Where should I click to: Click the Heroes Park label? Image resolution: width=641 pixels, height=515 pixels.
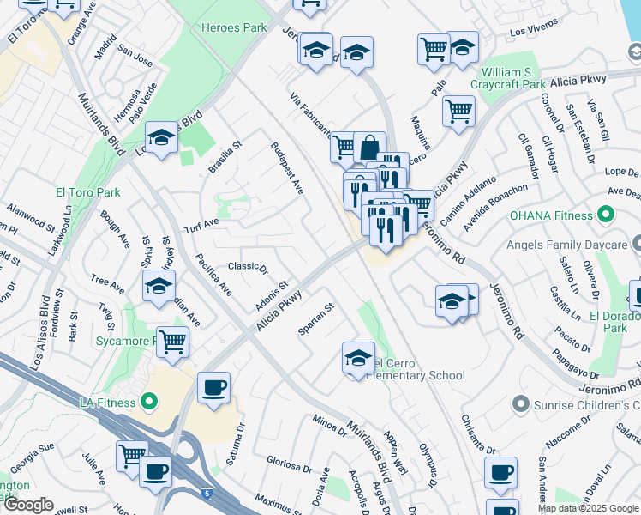point(234,27)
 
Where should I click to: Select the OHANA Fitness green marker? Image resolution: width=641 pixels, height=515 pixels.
point(608,214)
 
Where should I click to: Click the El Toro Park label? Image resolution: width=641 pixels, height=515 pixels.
point(88,192)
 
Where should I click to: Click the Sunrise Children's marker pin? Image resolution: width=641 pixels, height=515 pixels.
point(519,403)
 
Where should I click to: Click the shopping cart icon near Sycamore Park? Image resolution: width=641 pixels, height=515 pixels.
point(172,341)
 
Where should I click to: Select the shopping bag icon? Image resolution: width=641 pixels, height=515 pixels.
point(369,146)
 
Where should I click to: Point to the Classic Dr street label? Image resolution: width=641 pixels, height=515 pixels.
point(248,266)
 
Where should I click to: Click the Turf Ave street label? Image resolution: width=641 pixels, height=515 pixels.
point(201,226)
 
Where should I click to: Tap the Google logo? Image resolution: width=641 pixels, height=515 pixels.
point(29,505)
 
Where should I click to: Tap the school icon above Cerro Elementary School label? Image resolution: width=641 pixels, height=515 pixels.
point(358,356)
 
